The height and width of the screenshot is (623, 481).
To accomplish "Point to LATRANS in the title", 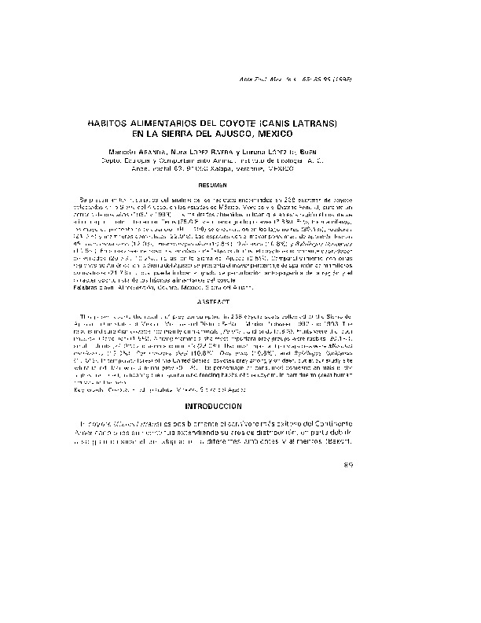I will [318, 124].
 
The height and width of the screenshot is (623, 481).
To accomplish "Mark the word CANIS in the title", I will [288, 124].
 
